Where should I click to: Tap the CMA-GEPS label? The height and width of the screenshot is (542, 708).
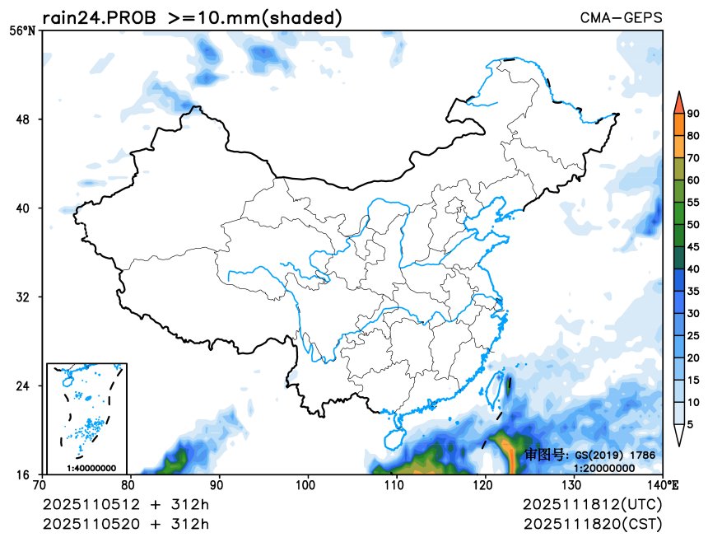pos(621,18)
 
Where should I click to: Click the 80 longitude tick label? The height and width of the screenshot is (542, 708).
pos(129,484)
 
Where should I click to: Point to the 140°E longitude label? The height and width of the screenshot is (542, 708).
pos(665,484)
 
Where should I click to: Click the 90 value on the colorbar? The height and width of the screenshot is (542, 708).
pos(693,114)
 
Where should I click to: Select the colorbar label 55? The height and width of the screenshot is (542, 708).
pos(693,203)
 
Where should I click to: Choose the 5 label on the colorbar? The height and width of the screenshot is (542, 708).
pos(690,424)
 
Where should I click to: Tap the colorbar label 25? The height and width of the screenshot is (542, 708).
pos(693,335)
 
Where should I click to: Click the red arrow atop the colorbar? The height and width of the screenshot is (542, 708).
pos(678,102)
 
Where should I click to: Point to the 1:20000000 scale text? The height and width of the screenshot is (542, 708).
pos(604,467)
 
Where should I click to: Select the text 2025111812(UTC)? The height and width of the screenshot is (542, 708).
pos(592,504)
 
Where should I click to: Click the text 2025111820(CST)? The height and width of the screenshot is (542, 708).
pos(592,524)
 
